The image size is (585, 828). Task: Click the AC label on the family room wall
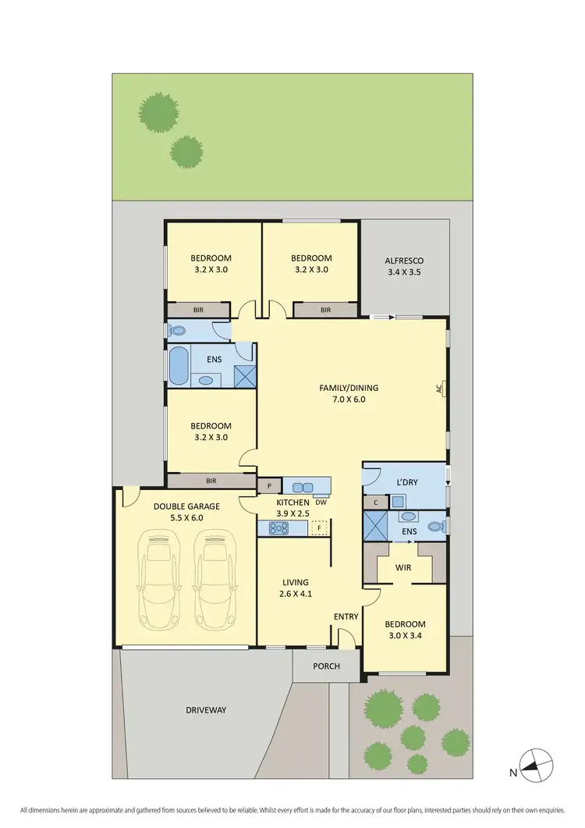(439, 386)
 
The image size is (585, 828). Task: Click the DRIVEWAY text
(206, 709)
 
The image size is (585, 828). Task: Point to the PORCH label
(326, 666)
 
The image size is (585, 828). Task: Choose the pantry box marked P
(269, 485)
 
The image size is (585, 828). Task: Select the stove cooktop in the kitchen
(279, 528)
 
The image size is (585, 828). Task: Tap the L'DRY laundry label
(409, 482)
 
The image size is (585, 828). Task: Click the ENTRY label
(346, 617)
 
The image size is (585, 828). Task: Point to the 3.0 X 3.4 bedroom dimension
(405, 637)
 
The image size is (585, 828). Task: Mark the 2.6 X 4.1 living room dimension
(296, 595)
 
